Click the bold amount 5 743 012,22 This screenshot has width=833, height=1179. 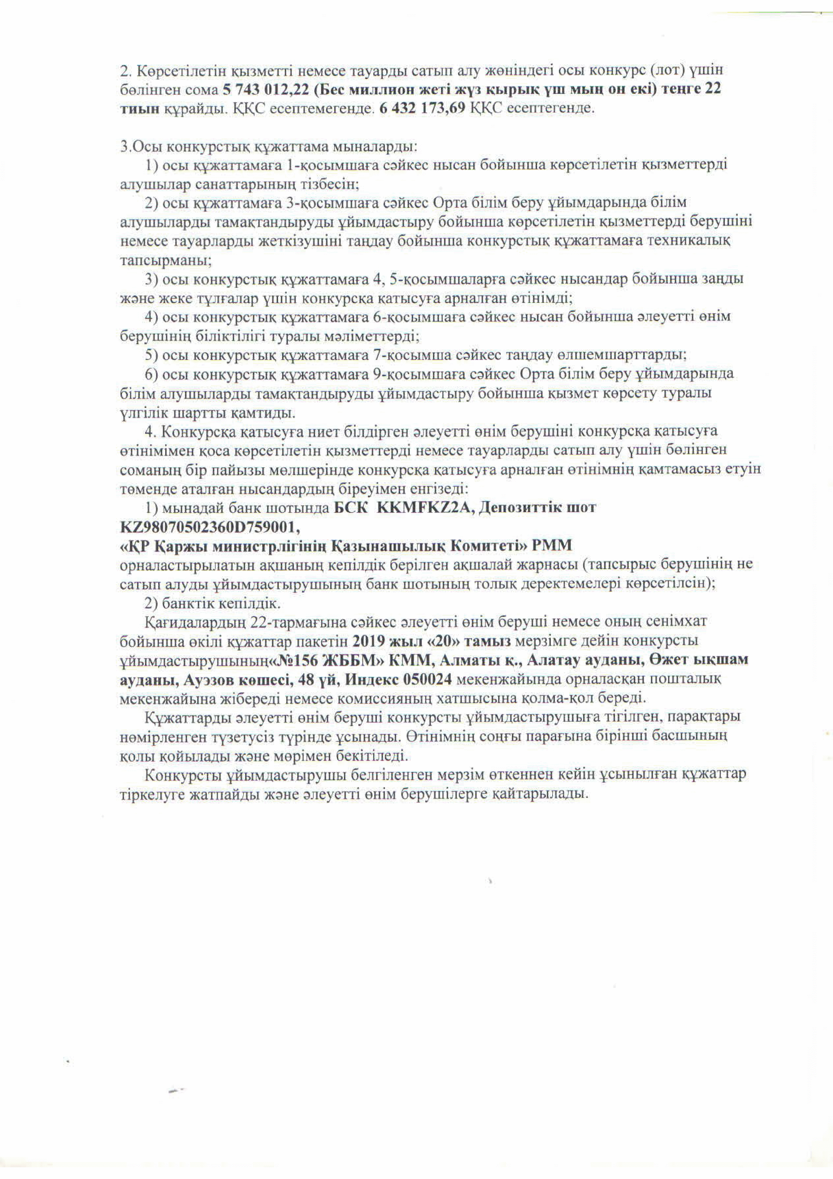(x=266, y=89)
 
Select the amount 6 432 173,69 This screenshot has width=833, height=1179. (x=423, y=108)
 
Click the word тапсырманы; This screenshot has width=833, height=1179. (x=166, y=260)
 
